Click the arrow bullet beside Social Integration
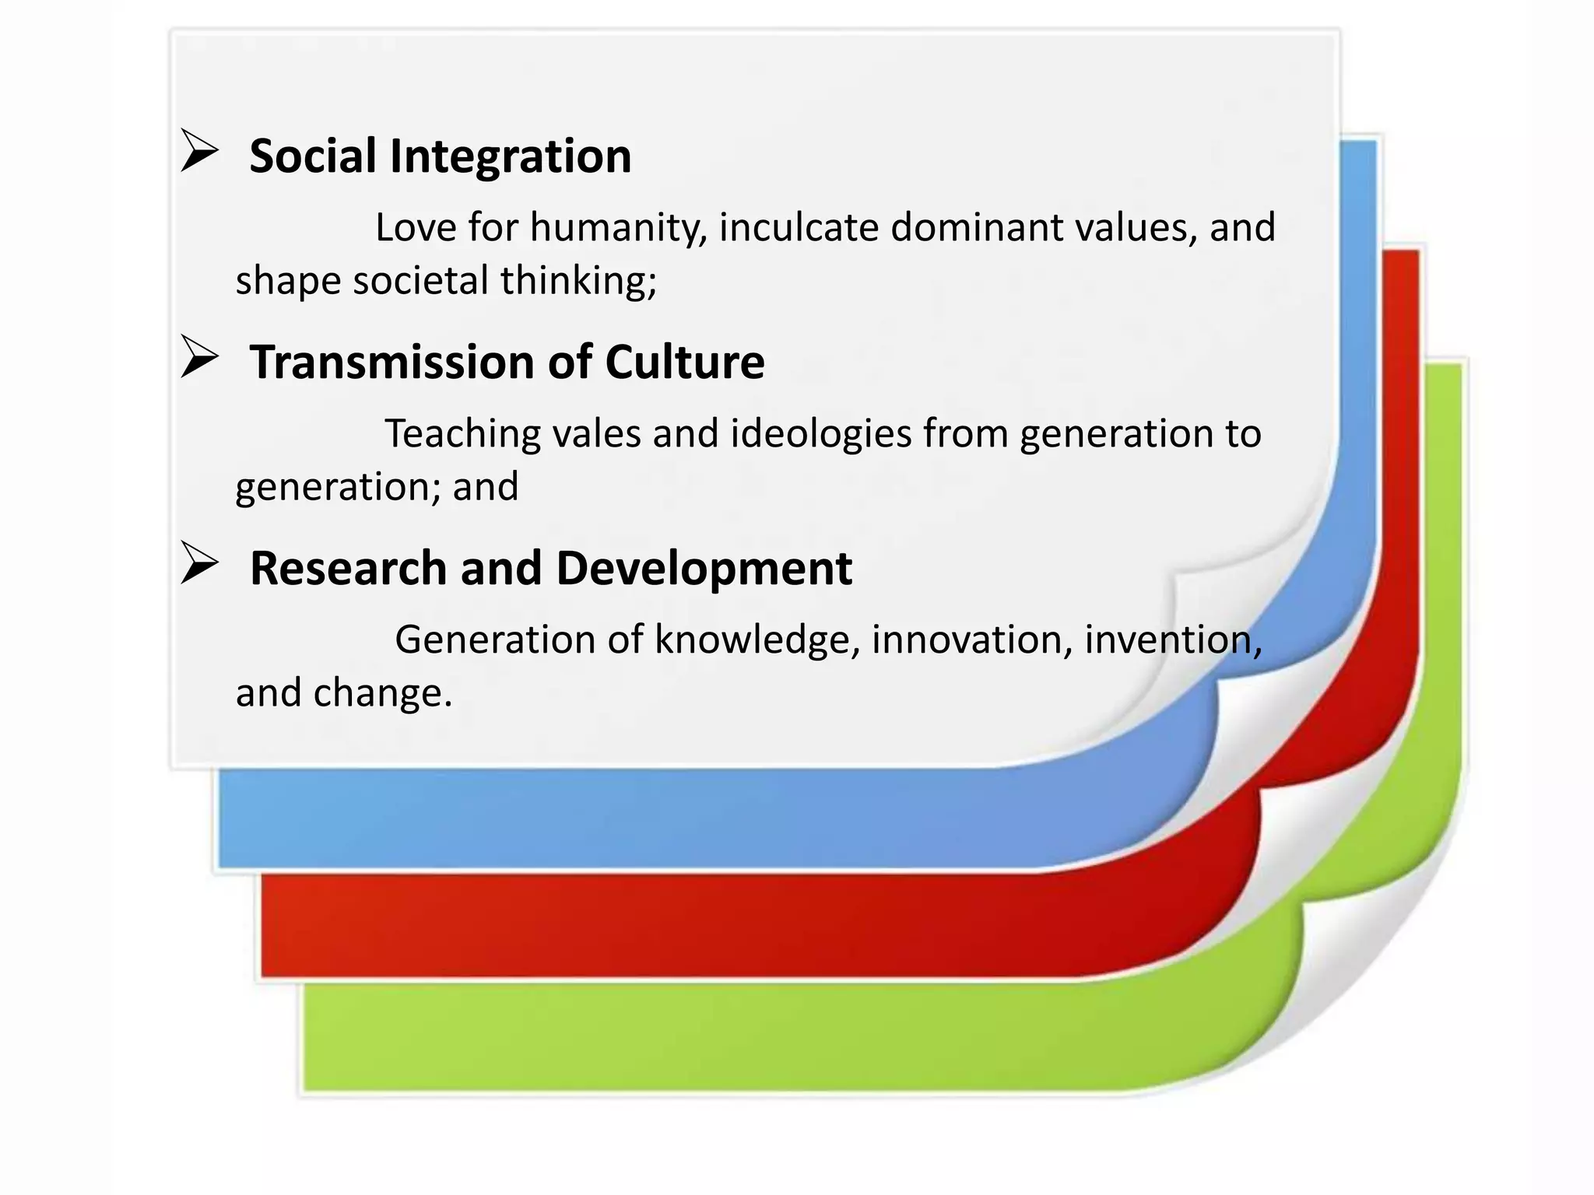pyautogui.click(x=199, y=151)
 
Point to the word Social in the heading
pyautogui.click(x=313, y=156)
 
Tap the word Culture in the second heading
pyautogui.click(x=684, y=363)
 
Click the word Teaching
pyautogui.click(x=462, y=435)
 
